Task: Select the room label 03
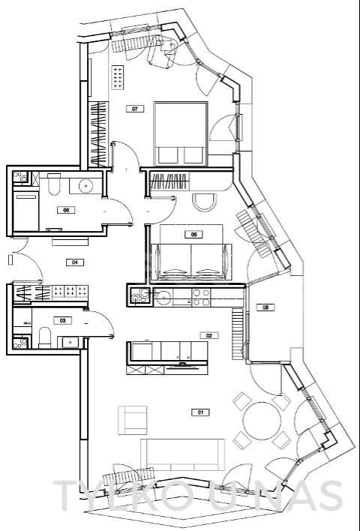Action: coord(64,320)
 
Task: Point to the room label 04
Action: coord(74,262)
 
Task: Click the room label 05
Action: coord(193,235)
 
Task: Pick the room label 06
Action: coord(66,210)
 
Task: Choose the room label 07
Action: coord(135,109)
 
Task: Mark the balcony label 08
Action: coord(264,307)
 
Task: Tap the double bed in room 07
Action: coord(180,133)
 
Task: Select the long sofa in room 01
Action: coord(183,454)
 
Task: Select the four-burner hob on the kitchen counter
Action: coord(201,298)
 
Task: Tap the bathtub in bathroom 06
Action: coord(26,211)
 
